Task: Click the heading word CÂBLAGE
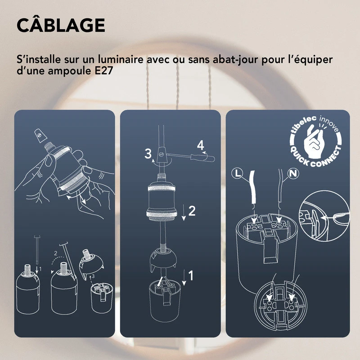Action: (x=61, y=25)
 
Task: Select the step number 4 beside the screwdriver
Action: (x=200, y=145)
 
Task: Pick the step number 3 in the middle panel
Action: (x=148, y=153)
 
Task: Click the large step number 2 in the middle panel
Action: (x=192, y=211)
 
